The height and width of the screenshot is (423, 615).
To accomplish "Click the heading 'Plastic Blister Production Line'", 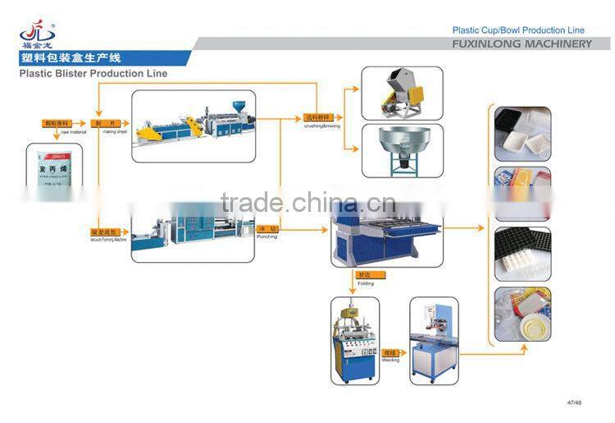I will click(x=93, y=74).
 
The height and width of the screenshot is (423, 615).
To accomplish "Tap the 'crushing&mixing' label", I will click(x=321, y=126).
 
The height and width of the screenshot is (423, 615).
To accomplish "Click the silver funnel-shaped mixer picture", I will click(x=402, y=149).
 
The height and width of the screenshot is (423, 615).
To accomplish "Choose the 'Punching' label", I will click(x=266, y=237).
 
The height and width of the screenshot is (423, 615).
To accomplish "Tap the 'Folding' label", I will click(x=365, y=283).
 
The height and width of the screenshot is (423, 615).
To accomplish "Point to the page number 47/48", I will click(x=574, y=402).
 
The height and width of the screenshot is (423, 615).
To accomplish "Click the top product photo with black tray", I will click(x=522, y=134).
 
